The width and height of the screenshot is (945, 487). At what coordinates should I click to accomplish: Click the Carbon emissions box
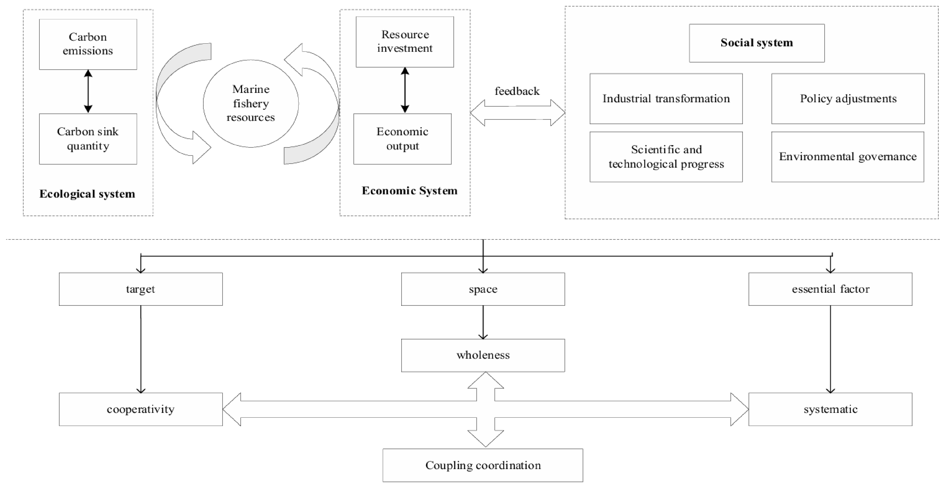(88, 44)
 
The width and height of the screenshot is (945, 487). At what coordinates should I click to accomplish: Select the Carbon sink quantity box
(88, 139)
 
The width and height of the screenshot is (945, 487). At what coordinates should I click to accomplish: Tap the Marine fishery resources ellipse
(251, 104)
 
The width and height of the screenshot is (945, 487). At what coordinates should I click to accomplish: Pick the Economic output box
(403, 139)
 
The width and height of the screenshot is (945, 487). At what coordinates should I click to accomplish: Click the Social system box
(757, 43)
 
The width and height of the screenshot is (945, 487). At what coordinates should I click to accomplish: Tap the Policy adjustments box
(848, 98)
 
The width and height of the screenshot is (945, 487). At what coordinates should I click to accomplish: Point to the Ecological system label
(87, 193)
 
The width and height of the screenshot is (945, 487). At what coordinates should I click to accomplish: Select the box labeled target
(141, 289)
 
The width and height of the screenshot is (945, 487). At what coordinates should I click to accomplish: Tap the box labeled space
(483, 289)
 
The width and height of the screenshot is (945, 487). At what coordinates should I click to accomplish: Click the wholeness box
(483, 355)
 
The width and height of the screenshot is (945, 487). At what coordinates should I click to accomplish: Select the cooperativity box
(141, 409)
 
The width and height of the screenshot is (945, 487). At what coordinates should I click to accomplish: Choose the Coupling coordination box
(483, 465)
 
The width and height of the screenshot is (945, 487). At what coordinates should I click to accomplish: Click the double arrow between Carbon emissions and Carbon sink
(88, 91)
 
